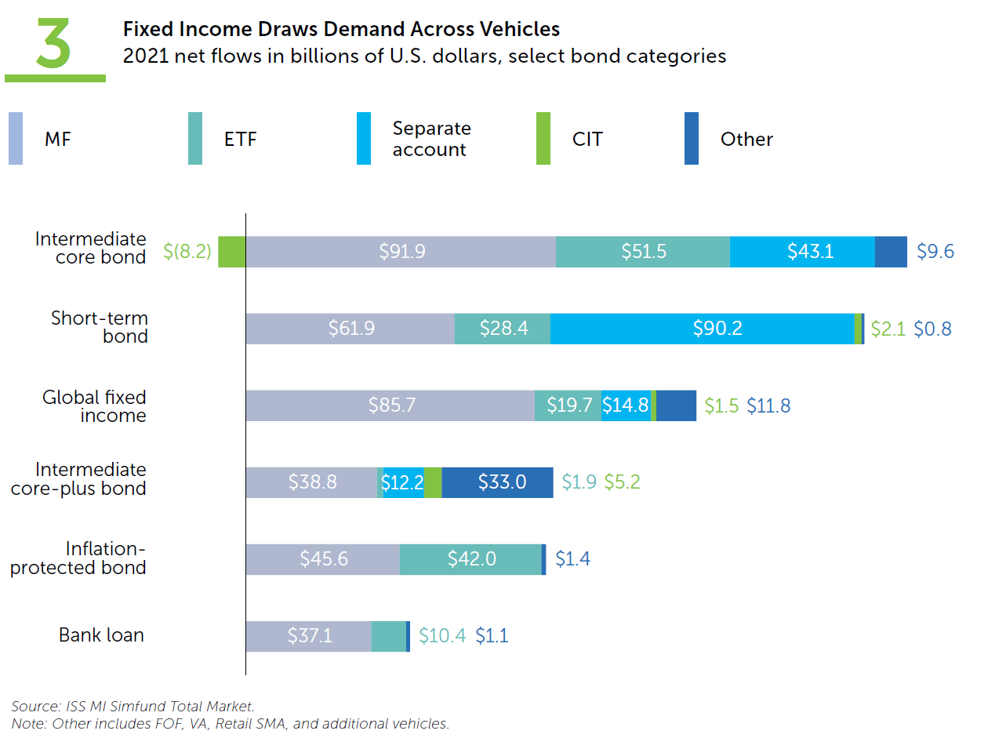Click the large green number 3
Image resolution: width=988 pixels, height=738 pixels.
pyautogui.click(x=53, y=45)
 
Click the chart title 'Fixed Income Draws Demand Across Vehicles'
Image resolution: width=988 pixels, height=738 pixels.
pyautogui.click(x=341, y=29)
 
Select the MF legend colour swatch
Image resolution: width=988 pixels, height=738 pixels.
pyautogui.click(x=16, y=139)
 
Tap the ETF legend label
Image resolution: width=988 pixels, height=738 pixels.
pyautogui.click(x=240, y=140)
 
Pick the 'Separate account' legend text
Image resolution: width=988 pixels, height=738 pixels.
pyautogui.click(x=431, y=139)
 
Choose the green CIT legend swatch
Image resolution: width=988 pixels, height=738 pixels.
pyautogui.click(x=543, y=139)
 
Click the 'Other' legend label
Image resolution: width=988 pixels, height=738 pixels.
pyautogui.click(x=746, y=140)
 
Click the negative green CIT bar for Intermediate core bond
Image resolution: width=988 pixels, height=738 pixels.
pyautogui.click(x=231, y=252)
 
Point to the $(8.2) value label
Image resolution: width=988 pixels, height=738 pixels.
pyautogui.click(x=187, y=252)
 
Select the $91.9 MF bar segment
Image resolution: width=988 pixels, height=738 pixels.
pyautogui.click(x=401, y=252)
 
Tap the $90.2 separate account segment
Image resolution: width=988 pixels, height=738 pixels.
pyautogui.click(x=702, y=329)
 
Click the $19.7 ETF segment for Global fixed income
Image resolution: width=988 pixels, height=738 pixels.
pyautogui.click(x=568, y=405)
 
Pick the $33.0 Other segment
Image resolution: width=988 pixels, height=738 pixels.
pyautogui.click(x=497, y=482)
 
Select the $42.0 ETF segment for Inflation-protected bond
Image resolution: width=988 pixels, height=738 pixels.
pyautogui.click(x=470, y=559)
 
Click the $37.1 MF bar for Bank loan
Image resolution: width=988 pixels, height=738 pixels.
pyautogui.click(x=308, y=636)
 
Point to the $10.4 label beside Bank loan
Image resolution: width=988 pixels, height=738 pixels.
pyautogui.click(x=442, y=636)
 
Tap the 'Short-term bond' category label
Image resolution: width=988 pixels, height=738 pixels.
pyautogui.click(x=100, y=328)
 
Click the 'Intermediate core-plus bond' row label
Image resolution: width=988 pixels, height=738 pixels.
pyautogui.click(x=90, y=479)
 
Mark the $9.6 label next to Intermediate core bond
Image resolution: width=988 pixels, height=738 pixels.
pyautogui.click(x=935, y=252)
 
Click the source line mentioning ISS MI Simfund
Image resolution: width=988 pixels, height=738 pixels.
pyautogui.click(x=133, y=706)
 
